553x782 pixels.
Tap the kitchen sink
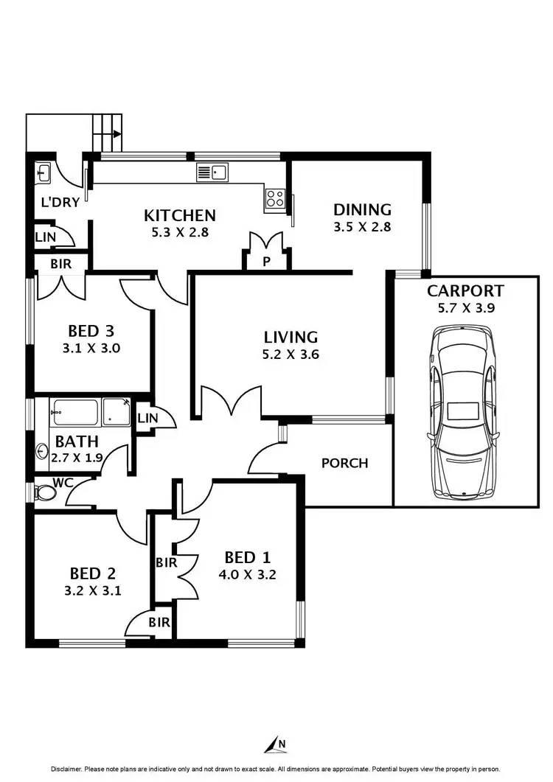(x=213, y=173)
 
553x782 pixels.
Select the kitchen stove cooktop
(x=275, y=198)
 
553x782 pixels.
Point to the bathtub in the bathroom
(x=74, y=412)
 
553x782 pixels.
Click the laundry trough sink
(x=42, y=173)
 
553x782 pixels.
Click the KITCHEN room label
(x=180, y=215)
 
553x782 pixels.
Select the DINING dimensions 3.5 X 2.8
(x=361, y=227)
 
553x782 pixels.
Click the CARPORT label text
(x=465, y=290)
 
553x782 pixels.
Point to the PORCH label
(x=344, y=463)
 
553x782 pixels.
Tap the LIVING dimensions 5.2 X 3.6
(x=291, y=354)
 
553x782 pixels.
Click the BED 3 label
(x=90, y=330)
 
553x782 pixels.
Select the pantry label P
(x=266, y=262)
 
